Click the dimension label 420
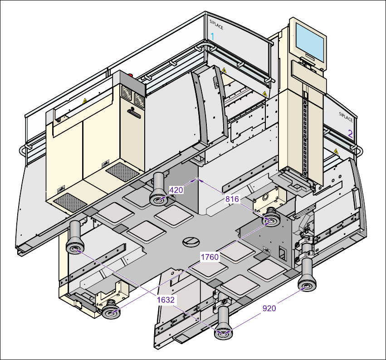pyautogui.click(x=176, y=190)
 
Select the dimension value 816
pyautogui.click(x=232, y=199)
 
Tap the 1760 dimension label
pyautogui.click(x=210, y=257)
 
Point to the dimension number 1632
pyautogui.click(x=166, y=300)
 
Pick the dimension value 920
pyautogui.click(x=269, y=308)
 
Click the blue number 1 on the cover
pyautogui.click(x=212, y=37)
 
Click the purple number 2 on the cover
pyautogui.click(x=350, y=134)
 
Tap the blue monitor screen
pyautogui.click(x=310, y=43)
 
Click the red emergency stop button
pyautogui.click(x=130, y=75)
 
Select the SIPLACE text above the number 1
pyautogui.click(x=216, y=24)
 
